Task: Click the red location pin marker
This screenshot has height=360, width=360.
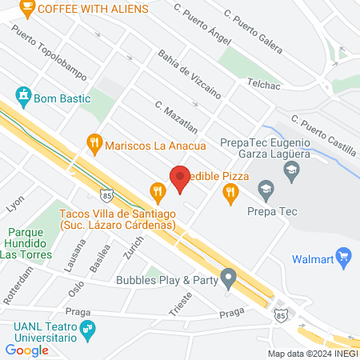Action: [x=180, y=178]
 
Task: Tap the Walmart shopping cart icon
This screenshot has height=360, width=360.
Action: [x=345, y=257]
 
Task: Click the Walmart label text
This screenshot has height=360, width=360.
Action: [x=312, y=258]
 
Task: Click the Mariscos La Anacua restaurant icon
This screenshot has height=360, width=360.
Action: [x=95, y=145]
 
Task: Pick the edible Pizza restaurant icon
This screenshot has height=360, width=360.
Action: [x=230, y=190]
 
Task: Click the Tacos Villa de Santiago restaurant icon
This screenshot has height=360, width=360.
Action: [x=157, y=190]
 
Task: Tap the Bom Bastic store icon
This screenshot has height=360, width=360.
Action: [x=24, y=96]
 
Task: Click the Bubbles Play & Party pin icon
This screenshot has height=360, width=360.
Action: [x=230, y=280]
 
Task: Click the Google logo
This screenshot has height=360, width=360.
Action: [x=26, y=350]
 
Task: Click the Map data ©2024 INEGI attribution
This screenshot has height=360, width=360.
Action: [x=312, y=354]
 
